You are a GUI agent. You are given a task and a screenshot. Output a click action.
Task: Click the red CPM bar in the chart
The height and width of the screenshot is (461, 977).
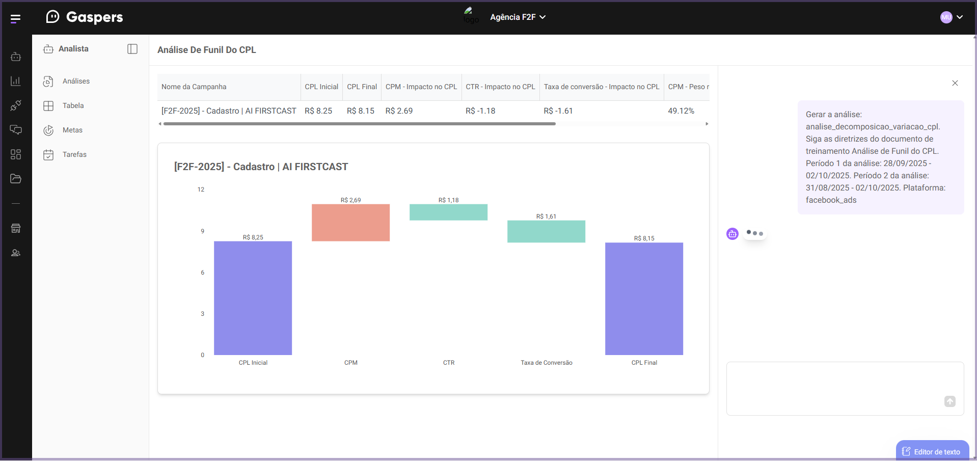coord(350,223)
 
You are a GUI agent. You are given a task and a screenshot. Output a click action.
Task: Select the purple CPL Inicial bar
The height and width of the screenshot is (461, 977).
coord(253,298)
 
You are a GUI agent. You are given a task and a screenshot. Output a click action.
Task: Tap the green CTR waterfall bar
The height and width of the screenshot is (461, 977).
coord(448,212)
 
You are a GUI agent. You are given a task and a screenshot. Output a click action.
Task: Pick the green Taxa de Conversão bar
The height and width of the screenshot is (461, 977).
coord(546,231)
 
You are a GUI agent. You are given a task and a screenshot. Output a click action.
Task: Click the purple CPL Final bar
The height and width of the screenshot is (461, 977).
coord(644,299)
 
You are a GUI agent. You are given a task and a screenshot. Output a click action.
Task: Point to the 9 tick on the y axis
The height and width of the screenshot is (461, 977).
coord(202,231)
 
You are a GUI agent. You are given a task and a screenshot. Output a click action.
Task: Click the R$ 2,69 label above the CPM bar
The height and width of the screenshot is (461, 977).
coord(350,200)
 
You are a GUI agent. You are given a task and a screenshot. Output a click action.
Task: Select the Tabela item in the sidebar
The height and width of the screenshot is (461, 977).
coord(73,106)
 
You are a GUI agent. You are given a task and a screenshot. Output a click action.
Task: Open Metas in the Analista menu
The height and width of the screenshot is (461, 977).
coord(72,130)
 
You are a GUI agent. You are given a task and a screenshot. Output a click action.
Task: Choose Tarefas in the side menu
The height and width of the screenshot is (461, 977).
coord(74,155)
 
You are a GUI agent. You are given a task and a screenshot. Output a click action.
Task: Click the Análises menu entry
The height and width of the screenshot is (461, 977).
coord(76,82)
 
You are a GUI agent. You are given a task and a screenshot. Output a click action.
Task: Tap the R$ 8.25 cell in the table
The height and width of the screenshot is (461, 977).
coord(318,111)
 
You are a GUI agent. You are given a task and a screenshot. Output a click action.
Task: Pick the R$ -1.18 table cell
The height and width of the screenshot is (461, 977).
coord(480,111)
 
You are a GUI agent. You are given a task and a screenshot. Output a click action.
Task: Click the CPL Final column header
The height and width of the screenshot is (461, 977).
coord(362,87)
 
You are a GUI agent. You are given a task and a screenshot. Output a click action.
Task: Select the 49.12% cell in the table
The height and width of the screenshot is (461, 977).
coord(681,111)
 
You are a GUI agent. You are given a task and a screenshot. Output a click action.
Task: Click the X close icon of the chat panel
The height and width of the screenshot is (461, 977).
coord(955,83)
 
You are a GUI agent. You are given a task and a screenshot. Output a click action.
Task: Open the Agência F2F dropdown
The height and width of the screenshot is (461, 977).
coord(518,17)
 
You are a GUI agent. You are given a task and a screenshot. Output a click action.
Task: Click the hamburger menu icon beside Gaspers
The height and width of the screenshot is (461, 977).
coord(15,19)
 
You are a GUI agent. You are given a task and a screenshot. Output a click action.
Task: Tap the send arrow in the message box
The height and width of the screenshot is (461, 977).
coord(950,401)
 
